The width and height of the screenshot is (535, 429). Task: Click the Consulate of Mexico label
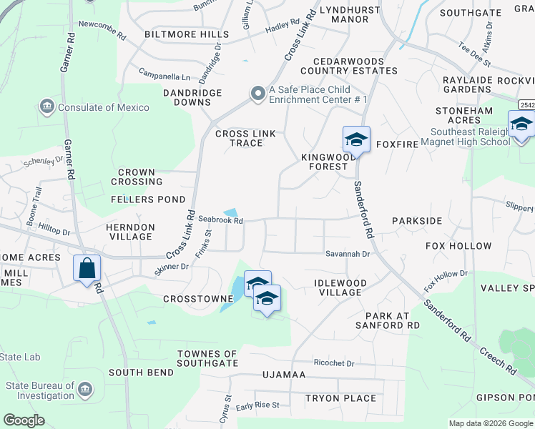(103, 107)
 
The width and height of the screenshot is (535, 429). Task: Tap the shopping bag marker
(87, 269)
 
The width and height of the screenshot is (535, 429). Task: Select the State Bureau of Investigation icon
(85, 389)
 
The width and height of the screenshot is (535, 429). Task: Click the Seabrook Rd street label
(221, 220)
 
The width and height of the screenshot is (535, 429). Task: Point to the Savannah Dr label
(348, 254)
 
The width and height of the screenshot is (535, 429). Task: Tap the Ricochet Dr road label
(333, 363)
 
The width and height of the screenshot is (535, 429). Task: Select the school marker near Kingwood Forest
(356, 138)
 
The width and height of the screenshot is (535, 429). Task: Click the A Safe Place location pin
(257, 94)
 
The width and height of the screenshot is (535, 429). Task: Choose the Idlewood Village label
(340, 287)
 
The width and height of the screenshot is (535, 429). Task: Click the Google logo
(24, 420)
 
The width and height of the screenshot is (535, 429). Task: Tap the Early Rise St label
(257, 405)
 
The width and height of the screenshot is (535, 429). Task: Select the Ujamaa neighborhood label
(284, 375)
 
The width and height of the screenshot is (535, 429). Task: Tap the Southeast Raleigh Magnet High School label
(471, 137)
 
